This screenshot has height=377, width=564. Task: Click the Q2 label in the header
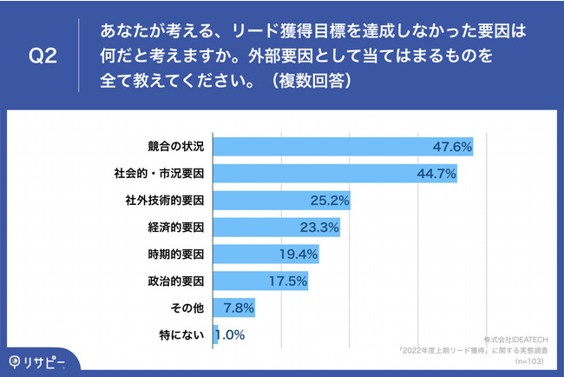pyautogui.click(x=43, y=57)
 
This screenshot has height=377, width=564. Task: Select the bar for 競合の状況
pyautogui.click(x=343, y=146)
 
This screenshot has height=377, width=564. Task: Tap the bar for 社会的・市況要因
pyautogui.click(x=335, y=173)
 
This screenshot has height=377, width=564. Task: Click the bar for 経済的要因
pyautogui.click(x=277, y=228)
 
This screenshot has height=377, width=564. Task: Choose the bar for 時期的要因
pyautogui.click(x=266, y=255)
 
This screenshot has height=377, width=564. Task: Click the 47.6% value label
pyautogui.click(x=452, y=147)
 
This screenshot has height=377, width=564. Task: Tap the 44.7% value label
pyautogui.click(x=436, y=174)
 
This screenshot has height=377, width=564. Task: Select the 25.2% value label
pyautogui.click(x=330, y=201)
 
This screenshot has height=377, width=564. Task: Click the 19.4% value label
pyautogui.click(x=298, y=255)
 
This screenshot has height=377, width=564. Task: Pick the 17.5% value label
pyautogui.click(x=288, y=281)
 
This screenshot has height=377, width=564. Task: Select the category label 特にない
pyautogui.click(x=185, y=335)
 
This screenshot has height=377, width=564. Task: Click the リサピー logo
pyautogui.click(x=38, y=360)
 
